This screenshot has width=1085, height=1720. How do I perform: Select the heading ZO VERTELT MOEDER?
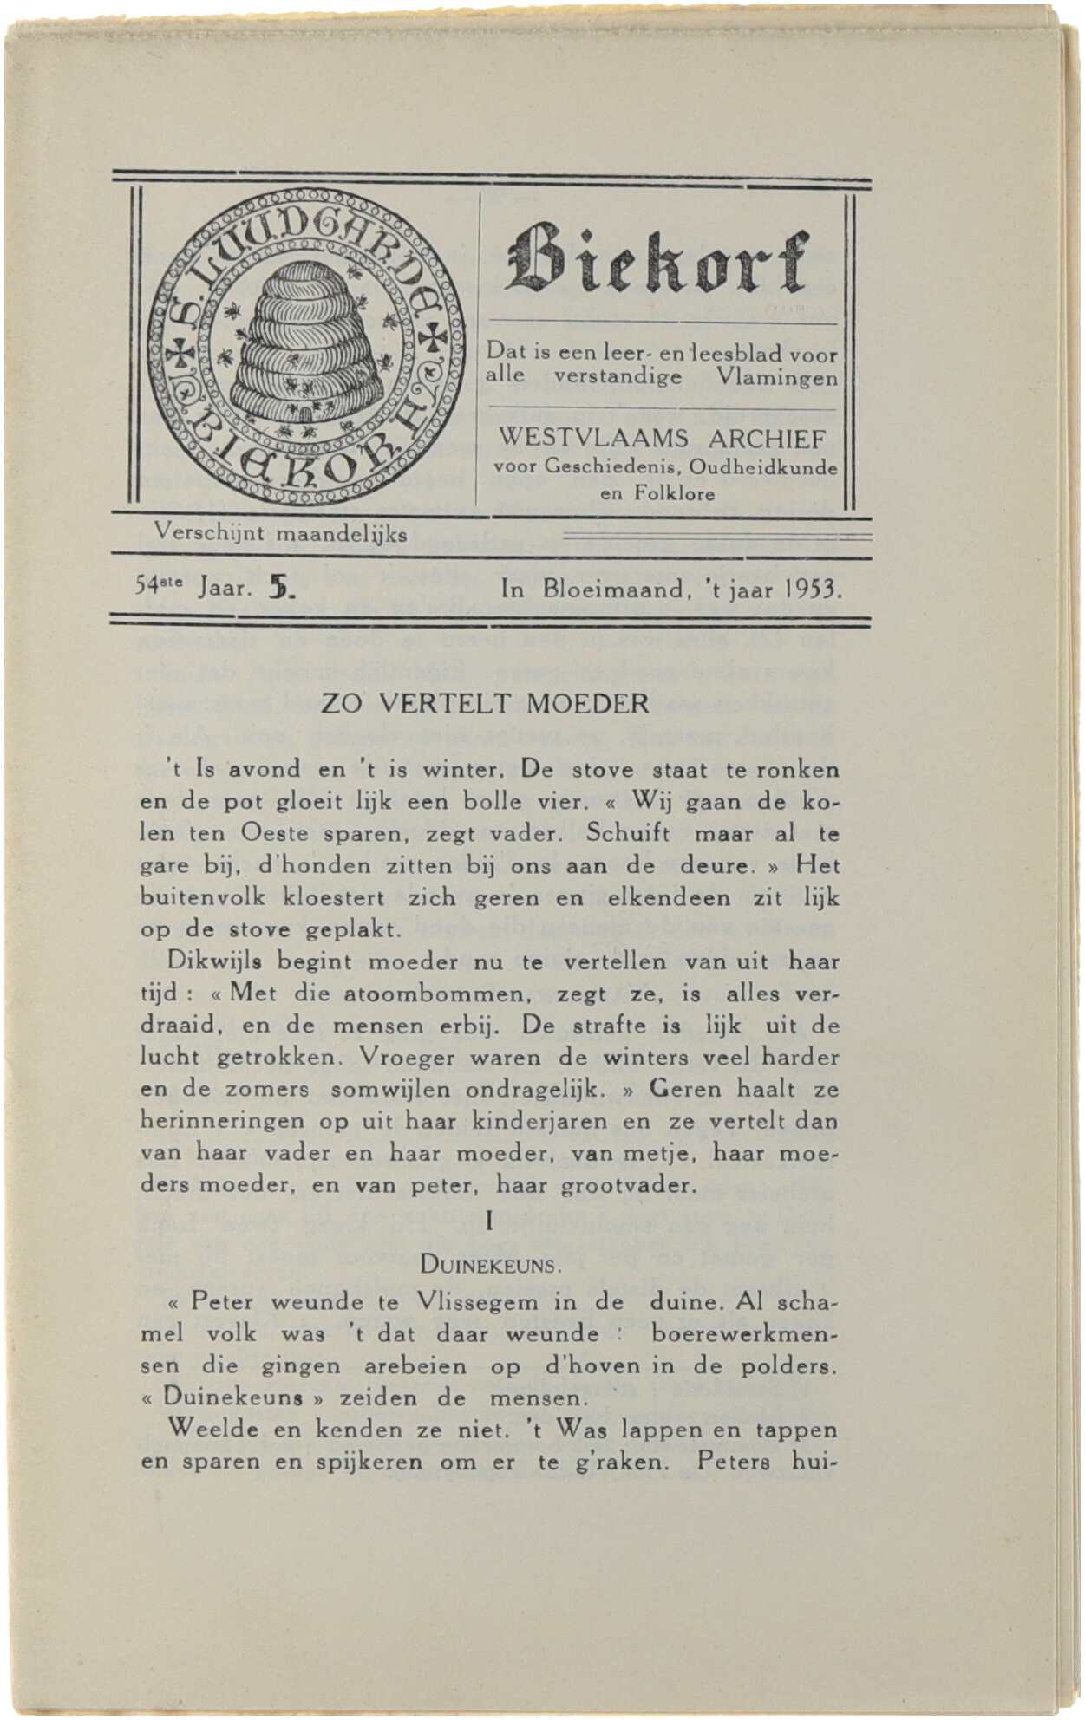coord(485,703)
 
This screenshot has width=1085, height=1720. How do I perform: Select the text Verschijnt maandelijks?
coord(280,533)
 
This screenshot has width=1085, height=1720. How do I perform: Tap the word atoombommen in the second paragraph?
coord(436,994)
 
